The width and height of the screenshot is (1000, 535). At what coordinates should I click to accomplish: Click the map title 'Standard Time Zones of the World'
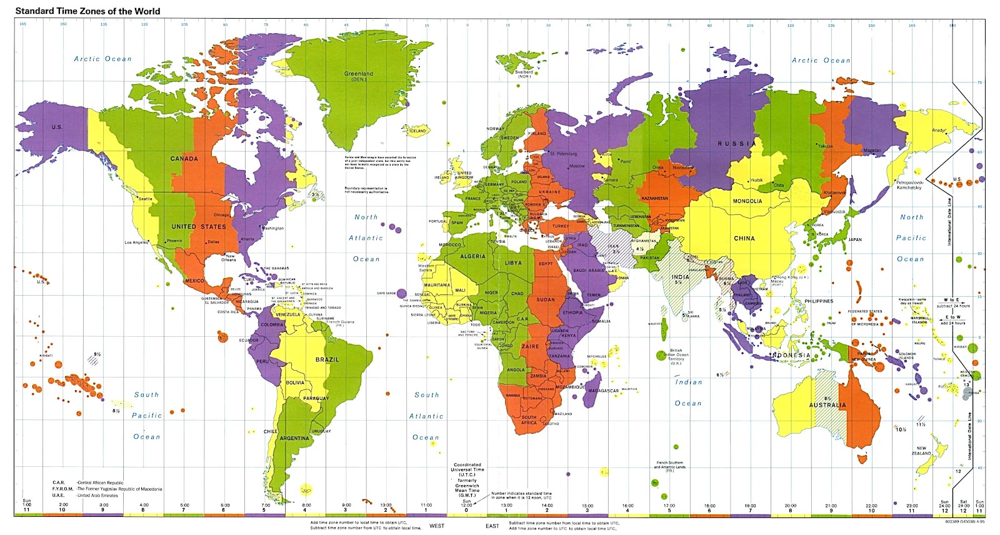tap(87, 11)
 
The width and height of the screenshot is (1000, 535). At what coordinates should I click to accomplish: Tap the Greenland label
tap(359, 74)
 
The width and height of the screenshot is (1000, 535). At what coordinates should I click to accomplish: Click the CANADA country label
tap(184, 159)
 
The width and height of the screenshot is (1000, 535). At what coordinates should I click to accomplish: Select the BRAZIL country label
tap(327, 359)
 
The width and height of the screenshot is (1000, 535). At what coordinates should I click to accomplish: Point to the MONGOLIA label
tap(747, 201)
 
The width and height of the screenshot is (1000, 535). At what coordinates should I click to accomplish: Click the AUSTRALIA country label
tap(827, 405)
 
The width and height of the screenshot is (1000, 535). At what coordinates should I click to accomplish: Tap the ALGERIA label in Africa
tap(472, 256)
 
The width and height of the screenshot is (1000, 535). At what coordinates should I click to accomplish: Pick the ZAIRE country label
tap(530, 346)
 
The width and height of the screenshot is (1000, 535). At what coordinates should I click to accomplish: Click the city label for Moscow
tap(577, 166)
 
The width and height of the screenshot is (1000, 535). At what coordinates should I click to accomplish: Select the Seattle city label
tap(145, 199)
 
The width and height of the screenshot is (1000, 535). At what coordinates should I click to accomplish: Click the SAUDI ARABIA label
tap(589, 271)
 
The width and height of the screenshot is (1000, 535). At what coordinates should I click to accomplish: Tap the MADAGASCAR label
tap(603, 391)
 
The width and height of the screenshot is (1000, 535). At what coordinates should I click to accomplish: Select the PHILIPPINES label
tap(819, 301)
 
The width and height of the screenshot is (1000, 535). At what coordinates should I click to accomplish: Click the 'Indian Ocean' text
tap(688, 392)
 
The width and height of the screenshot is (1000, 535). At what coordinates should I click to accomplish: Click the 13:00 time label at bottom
tap(506, 505)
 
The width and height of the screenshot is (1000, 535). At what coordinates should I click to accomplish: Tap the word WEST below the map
tap(437, 526)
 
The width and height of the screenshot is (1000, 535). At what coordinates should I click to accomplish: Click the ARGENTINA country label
tap(294, 438)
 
